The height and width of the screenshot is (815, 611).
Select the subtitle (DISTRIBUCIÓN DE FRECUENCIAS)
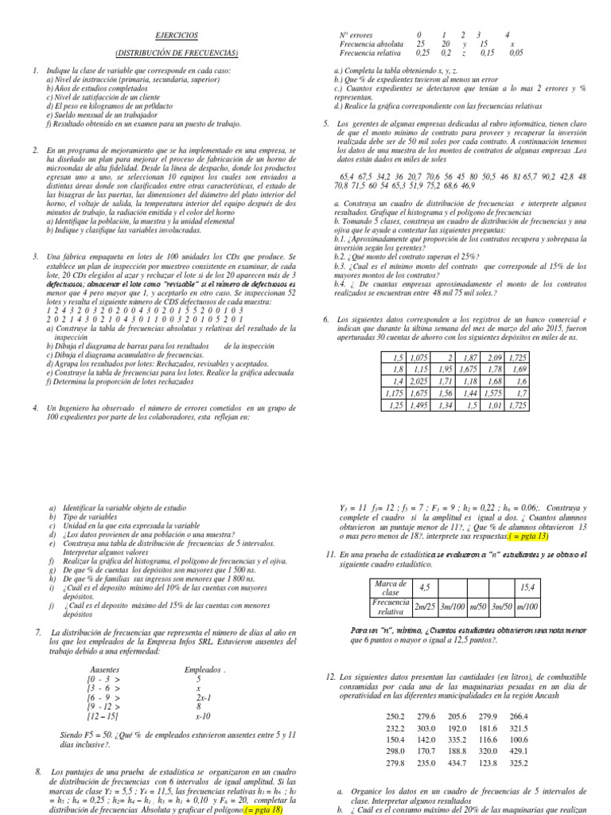click(177, 53)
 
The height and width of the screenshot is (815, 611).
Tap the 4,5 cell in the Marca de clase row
click(402, 587)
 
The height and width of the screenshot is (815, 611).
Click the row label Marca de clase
click(368, 587)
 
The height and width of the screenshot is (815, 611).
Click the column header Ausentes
click(106, 669)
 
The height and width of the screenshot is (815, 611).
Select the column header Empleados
click(205, 669)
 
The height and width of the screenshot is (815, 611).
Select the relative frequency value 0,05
click(516, 53)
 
